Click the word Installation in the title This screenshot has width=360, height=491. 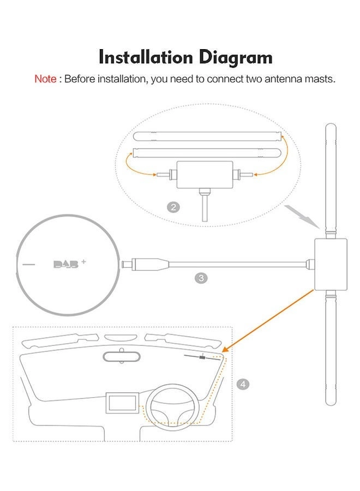point(146,57)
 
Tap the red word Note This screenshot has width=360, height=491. point(45,79)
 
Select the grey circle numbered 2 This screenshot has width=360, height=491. point(173,207)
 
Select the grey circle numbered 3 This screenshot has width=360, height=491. point(201,278)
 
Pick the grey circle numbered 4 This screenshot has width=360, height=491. point(243,384)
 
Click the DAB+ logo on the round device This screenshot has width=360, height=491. point(69,264)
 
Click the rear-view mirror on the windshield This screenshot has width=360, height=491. point(122,356)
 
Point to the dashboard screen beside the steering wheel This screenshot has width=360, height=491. point(122,403)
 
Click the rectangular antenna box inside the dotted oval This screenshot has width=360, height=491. point(205,175)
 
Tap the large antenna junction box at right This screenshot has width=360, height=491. point(331,264)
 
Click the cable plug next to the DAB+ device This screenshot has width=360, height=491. point(145,264)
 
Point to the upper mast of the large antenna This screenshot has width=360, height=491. point(331,181)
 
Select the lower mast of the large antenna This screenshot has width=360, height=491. point(331,348)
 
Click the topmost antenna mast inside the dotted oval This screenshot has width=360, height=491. point(207,136)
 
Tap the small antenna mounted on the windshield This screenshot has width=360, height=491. point(202,357)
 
